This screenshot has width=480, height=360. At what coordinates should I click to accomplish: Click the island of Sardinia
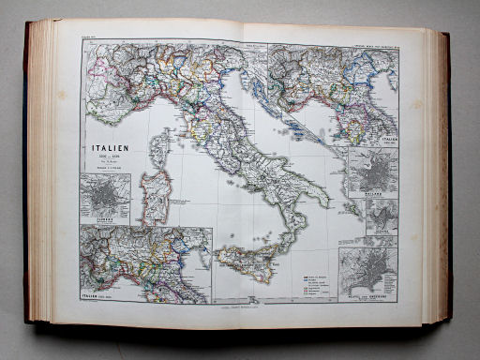click(x=156, y=195)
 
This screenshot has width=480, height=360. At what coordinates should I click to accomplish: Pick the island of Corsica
click(x=159, y=148)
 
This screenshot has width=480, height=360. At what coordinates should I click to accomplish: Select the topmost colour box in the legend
click(x=305, y=274)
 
